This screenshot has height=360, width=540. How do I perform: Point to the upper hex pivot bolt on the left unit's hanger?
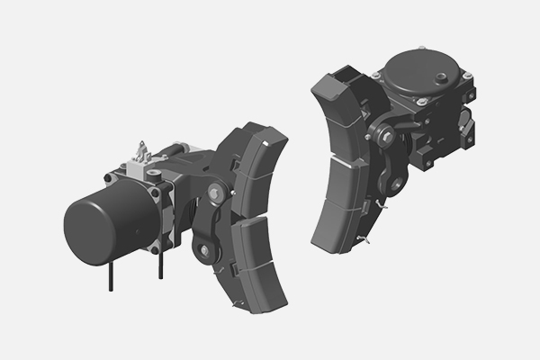(x=214, y=191)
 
